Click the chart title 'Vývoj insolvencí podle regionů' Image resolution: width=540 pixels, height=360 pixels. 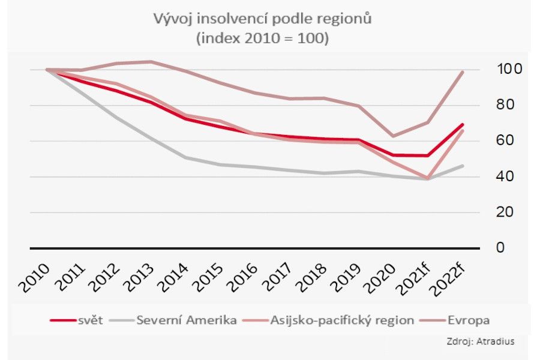pyautogui.click(x=263, y=19)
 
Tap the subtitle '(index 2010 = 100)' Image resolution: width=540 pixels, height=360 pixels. pyautogui.click(x=263, y=38)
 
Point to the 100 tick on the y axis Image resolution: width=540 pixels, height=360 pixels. pyautogui.click(x=508, y=70)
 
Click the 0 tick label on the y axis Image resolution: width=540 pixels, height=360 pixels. pyautogui.click(x=501, y=247)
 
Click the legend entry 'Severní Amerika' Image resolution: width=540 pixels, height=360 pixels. pyautogui.click(x=186, y=320)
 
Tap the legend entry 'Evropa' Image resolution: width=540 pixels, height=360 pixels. pyautogui.click(x=469, y=320)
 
